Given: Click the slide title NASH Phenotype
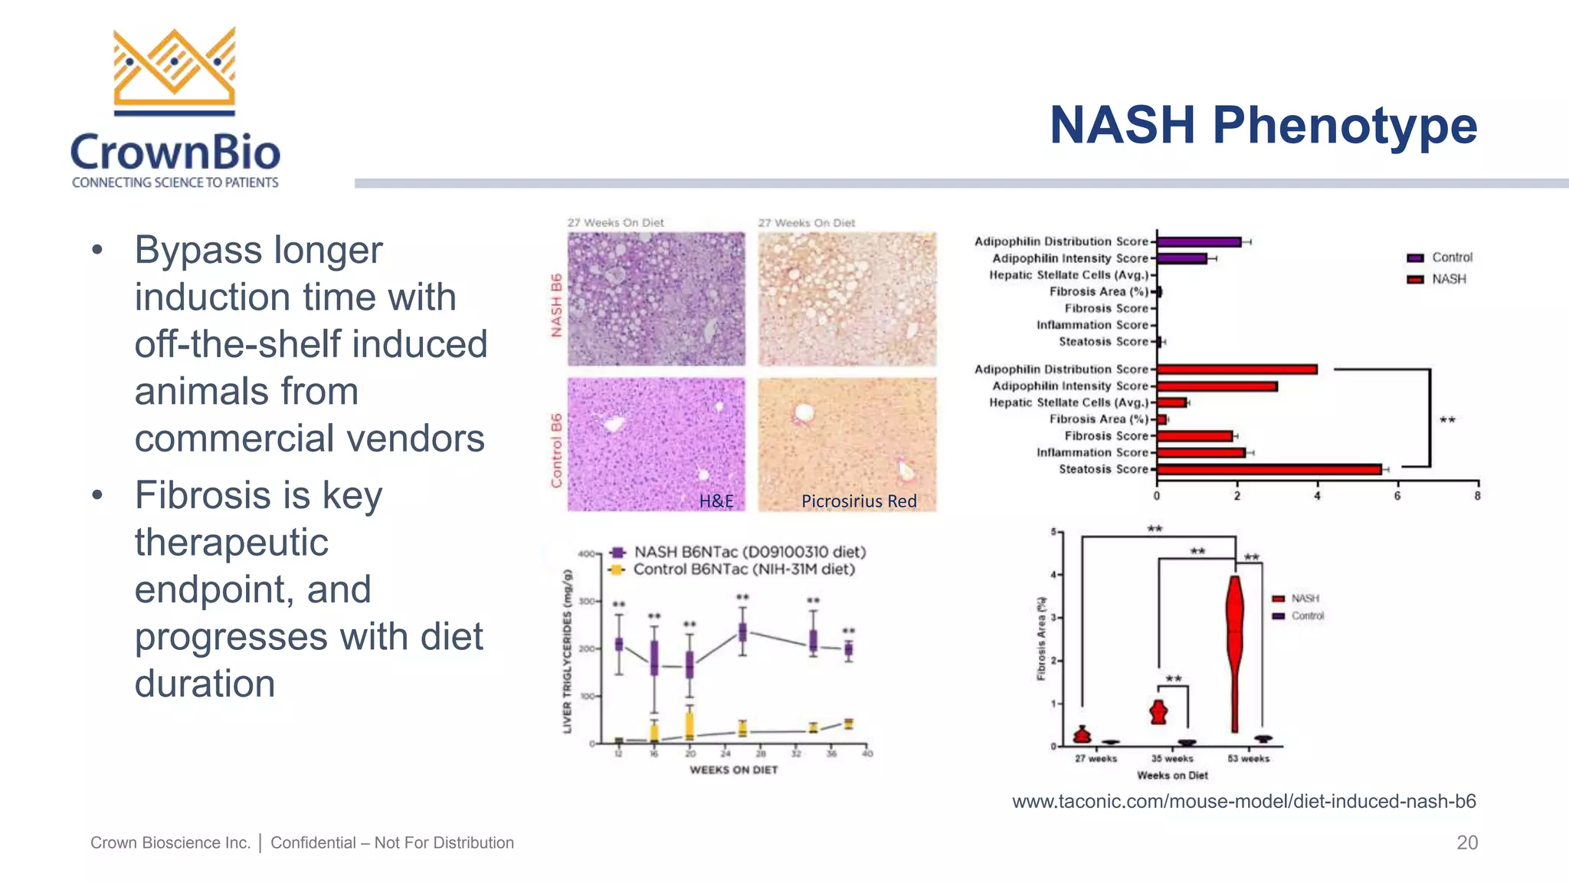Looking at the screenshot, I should point(1263,125).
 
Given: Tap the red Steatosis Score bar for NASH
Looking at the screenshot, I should point(1268,469).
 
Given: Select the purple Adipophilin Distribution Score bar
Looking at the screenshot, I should point(1198,242).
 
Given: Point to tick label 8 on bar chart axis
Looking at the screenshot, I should point(1477,496).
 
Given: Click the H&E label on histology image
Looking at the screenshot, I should point(716,501).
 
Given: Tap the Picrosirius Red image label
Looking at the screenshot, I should point(858,501).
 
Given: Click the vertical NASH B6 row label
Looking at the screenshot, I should point(557,305).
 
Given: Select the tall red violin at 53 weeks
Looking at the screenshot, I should point(1234,652).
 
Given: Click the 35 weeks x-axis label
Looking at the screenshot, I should point(1172,759).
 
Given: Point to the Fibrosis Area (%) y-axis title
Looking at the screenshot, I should point(1041,638).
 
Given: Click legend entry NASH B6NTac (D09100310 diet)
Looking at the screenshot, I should point(749,552).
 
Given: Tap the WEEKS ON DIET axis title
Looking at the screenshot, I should point(733,770).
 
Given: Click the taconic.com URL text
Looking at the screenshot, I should point(1243,802).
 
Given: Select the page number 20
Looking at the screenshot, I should point(1466,842).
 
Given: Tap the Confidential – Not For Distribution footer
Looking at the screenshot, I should point(391,842).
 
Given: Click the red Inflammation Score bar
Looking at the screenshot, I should point(1200,453).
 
